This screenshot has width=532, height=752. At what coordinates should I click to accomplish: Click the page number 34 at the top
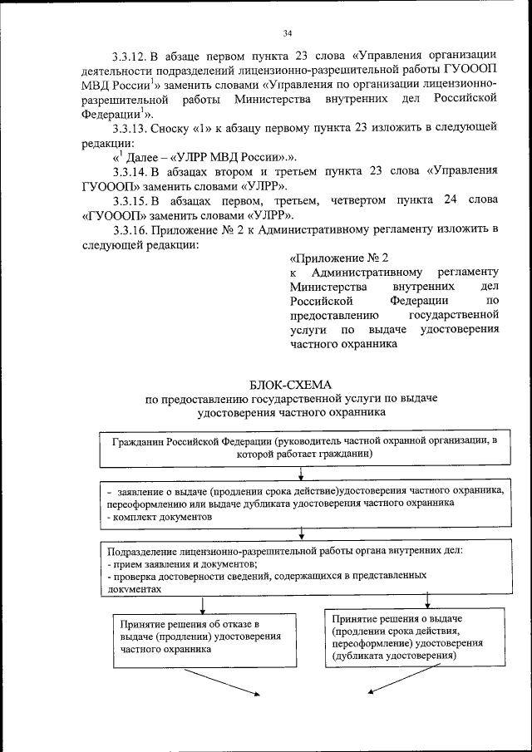[287, 33]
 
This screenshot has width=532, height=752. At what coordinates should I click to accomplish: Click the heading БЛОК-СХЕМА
[290, 384]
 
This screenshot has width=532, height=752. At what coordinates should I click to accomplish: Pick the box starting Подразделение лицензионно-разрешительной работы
[300, 569]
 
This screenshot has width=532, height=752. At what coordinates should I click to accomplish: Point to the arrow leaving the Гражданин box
[301, 473]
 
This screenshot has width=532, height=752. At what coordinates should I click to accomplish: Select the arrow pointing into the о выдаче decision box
[428, 601]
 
